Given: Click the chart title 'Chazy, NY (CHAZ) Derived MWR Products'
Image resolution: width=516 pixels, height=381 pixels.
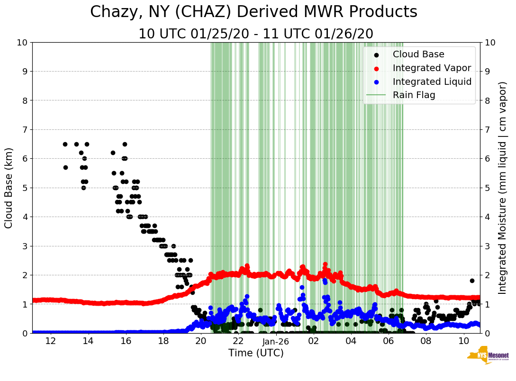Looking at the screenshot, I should pyautogui.click(x=253, y=12).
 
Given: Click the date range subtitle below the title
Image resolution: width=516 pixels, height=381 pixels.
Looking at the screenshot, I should pyautogui.click(x=256, y=34).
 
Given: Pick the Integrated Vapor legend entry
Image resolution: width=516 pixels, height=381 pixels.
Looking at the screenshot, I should pyautogui.click(x=432, y=68).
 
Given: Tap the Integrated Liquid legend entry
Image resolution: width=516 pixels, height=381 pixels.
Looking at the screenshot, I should pyautogui.click(x=432, y=82).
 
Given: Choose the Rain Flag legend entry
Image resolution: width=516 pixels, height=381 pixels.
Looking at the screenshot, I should pyautogui.click(x=414, y=95).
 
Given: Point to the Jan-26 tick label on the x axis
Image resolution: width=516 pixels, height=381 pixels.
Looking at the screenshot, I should pyautogui.click(x=276, y=341).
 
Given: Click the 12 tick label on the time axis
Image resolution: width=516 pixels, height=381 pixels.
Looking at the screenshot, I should pyautogui.click(x=50, y=341).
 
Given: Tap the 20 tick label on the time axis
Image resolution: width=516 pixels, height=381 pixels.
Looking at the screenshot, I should pyautogui.click(x=200, y=341).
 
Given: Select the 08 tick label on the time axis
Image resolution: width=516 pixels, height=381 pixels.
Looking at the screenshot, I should pyautogui.click(x=426, y=341).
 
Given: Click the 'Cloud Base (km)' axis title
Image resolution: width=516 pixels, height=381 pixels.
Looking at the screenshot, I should pyautogui.click(x=9, y=188).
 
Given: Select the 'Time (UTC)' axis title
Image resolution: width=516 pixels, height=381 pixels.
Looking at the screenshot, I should pyautogui.click(x=256, y=354).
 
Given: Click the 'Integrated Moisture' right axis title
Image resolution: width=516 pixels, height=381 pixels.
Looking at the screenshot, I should pyautogui.click(x=503, y=188).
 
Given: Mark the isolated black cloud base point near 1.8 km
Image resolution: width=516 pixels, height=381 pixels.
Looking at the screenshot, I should pyautogui.click(x=472, y=281).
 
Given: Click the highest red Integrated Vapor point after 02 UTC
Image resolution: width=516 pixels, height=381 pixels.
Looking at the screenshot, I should pyautogui.click(x=325, y=264).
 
